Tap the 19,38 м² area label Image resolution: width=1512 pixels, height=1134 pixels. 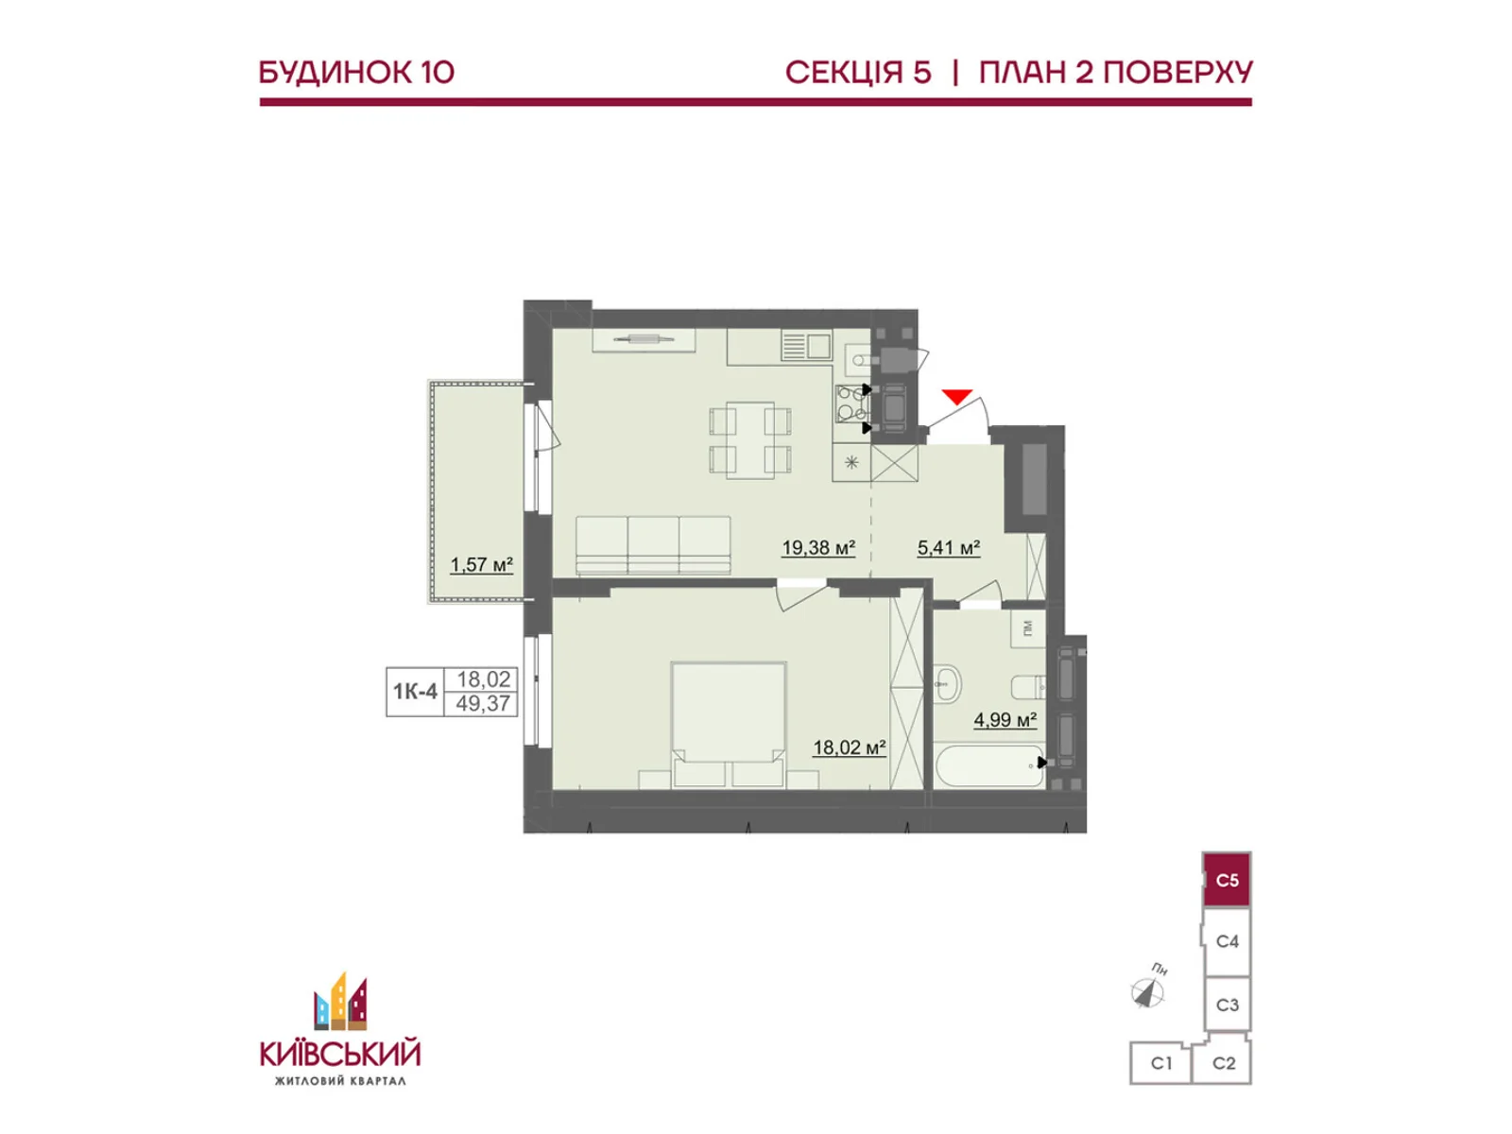[x=818, y=547]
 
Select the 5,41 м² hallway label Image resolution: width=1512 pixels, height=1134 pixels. [x=948, y=547]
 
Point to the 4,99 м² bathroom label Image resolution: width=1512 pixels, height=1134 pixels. [x=1005, y=720]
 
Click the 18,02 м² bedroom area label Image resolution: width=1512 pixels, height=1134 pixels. [x=849, y=747]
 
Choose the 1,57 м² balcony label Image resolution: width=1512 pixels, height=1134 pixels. [x=481, y=565]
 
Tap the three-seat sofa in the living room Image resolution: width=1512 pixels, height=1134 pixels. [x=653, y=545]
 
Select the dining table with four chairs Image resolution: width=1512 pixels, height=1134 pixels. [x=750, y=438]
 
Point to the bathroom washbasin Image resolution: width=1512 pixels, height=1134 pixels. [x=947, y=681]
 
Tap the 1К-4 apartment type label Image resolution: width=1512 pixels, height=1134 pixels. [x=416, y=692]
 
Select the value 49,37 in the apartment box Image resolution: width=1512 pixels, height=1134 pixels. [x=483, y=704]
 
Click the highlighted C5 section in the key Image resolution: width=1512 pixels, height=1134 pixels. [x=1227, y=881]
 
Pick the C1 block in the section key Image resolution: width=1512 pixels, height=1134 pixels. [x=1161, y=1063]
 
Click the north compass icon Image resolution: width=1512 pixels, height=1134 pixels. [x=1147, y=992]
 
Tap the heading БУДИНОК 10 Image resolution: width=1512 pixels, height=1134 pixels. [x=356, y=73]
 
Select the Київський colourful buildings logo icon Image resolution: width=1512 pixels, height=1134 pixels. [x=341, y=1003]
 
